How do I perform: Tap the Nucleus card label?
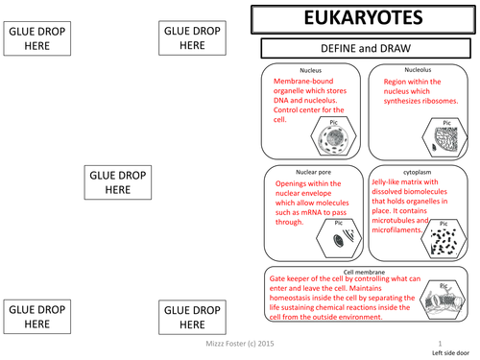(310, 71)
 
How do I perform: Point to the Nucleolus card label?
(418, 70)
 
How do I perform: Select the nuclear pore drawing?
(338, 240)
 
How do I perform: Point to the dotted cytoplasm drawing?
(444, 241)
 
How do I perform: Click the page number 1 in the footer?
(439, 343)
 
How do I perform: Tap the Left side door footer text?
(444, 352)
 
